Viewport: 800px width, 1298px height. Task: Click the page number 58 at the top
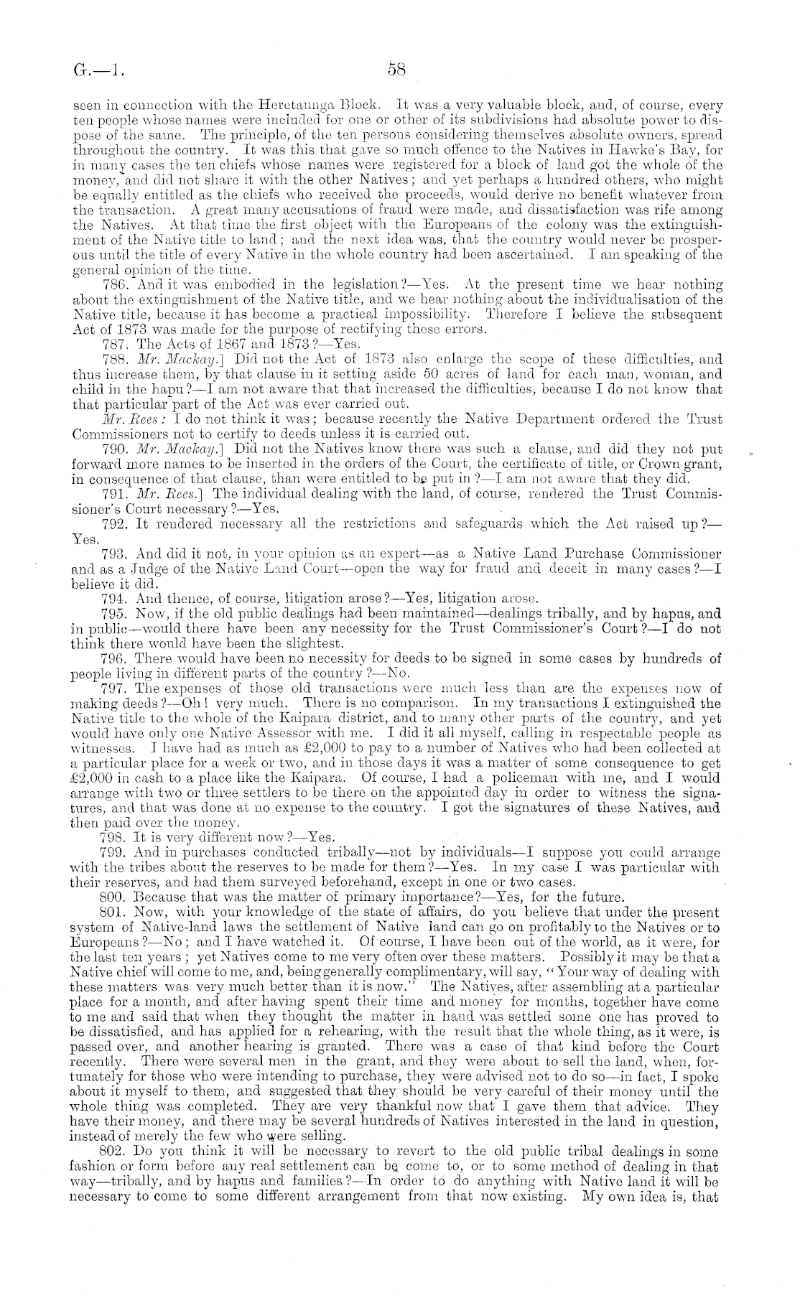(397, 70)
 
